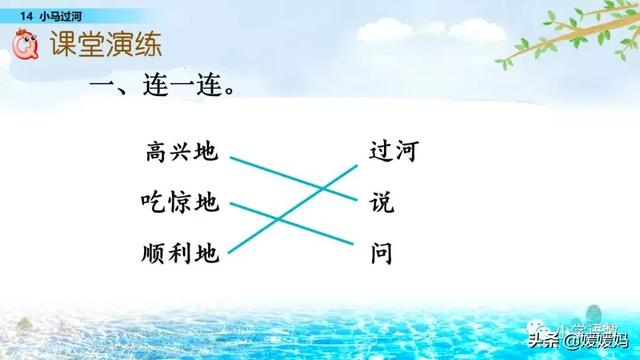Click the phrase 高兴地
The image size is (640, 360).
tap(180, 153)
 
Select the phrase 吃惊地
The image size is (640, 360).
tap(180, 204)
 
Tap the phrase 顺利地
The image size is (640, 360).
tap(180, 254)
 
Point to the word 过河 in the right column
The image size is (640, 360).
tap(393, 153)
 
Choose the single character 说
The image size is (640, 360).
tap(381, 204)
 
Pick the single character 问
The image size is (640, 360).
tap(381, 254)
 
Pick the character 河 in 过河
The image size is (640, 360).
tap(405, 153)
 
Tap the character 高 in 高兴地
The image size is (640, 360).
tap(155, 153)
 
